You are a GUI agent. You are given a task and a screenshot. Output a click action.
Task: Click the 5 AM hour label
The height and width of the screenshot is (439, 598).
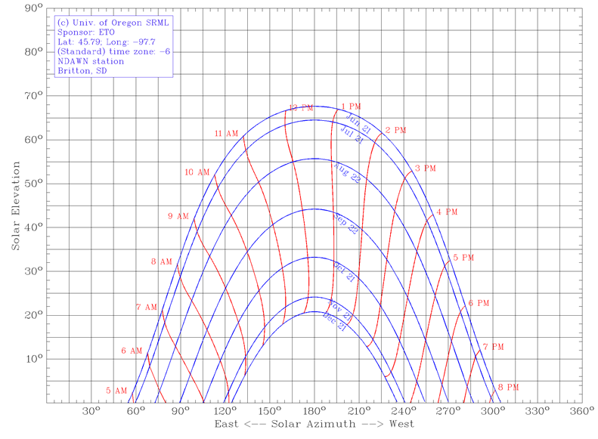pos(117,391)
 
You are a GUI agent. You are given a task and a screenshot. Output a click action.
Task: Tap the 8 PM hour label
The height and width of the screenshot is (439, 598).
pos(509,388)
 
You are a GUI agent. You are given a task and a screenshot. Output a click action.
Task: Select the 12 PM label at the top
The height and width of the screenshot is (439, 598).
pos(302,109)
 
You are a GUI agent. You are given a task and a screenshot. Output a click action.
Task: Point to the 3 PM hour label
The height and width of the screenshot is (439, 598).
pos(426,168)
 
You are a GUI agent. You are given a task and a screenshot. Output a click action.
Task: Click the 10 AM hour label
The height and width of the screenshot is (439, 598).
pos(197,172)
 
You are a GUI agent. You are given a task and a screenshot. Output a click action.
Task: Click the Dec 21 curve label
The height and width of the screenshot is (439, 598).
pos(334,321)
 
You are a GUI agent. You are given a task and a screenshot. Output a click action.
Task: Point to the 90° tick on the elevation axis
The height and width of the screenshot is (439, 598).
pos(33,9)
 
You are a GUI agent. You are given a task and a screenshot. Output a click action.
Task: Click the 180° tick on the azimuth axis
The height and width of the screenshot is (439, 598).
pos(314,412)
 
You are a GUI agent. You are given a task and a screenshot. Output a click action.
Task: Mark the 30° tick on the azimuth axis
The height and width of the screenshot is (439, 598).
pos(91,412)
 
